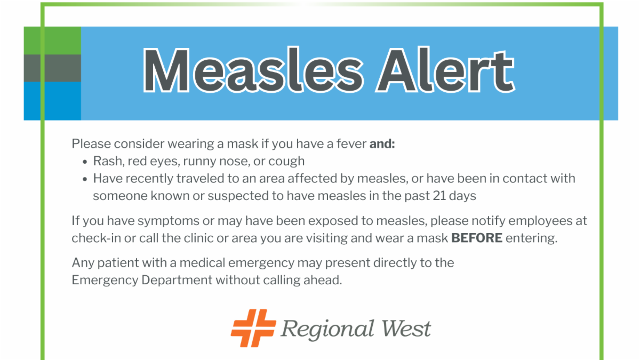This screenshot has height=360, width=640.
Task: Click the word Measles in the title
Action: [253, 70]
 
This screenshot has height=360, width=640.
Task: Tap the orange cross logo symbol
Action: [253, 328]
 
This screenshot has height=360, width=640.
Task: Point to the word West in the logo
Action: [406, 329]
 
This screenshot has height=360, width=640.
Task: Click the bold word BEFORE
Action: [477, 238]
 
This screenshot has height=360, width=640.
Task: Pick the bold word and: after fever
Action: [382, 143]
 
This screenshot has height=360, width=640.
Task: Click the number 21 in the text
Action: [439, 196]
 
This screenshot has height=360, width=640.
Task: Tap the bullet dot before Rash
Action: [85, 162]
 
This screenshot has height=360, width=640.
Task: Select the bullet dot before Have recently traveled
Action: [85, 179]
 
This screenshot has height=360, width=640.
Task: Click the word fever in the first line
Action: [351, 143]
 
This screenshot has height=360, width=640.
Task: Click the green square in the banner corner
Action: [52, 41]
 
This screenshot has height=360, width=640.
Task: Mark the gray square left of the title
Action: [52, 68]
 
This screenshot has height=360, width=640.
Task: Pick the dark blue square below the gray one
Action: [52, 101]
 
